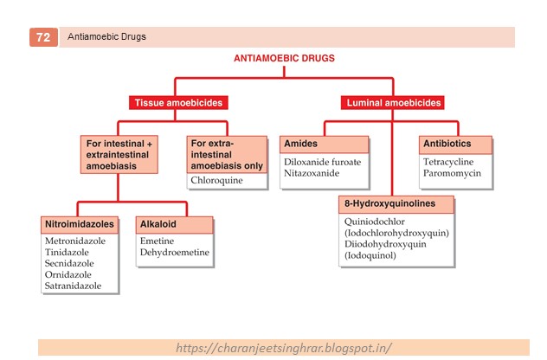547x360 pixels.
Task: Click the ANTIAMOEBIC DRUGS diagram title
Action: coord(284,60)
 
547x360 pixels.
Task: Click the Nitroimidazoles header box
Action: coord(79,224)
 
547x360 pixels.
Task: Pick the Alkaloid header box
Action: coord(173,224)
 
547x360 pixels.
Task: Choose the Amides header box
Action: coord(322,144)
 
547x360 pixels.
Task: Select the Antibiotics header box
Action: coord(455,144)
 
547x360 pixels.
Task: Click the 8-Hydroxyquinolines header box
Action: coord(396,204)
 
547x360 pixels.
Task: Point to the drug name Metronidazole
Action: coord(75,240)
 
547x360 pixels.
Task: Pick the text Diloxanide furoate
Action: coord(322,162)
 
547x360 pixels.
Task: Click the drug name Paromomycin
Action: coord(452,173)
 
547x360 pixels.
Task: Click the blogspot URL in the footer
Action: coord(284,347)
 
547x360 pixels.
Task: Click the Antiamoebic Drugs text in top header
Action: coord(106,37)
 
